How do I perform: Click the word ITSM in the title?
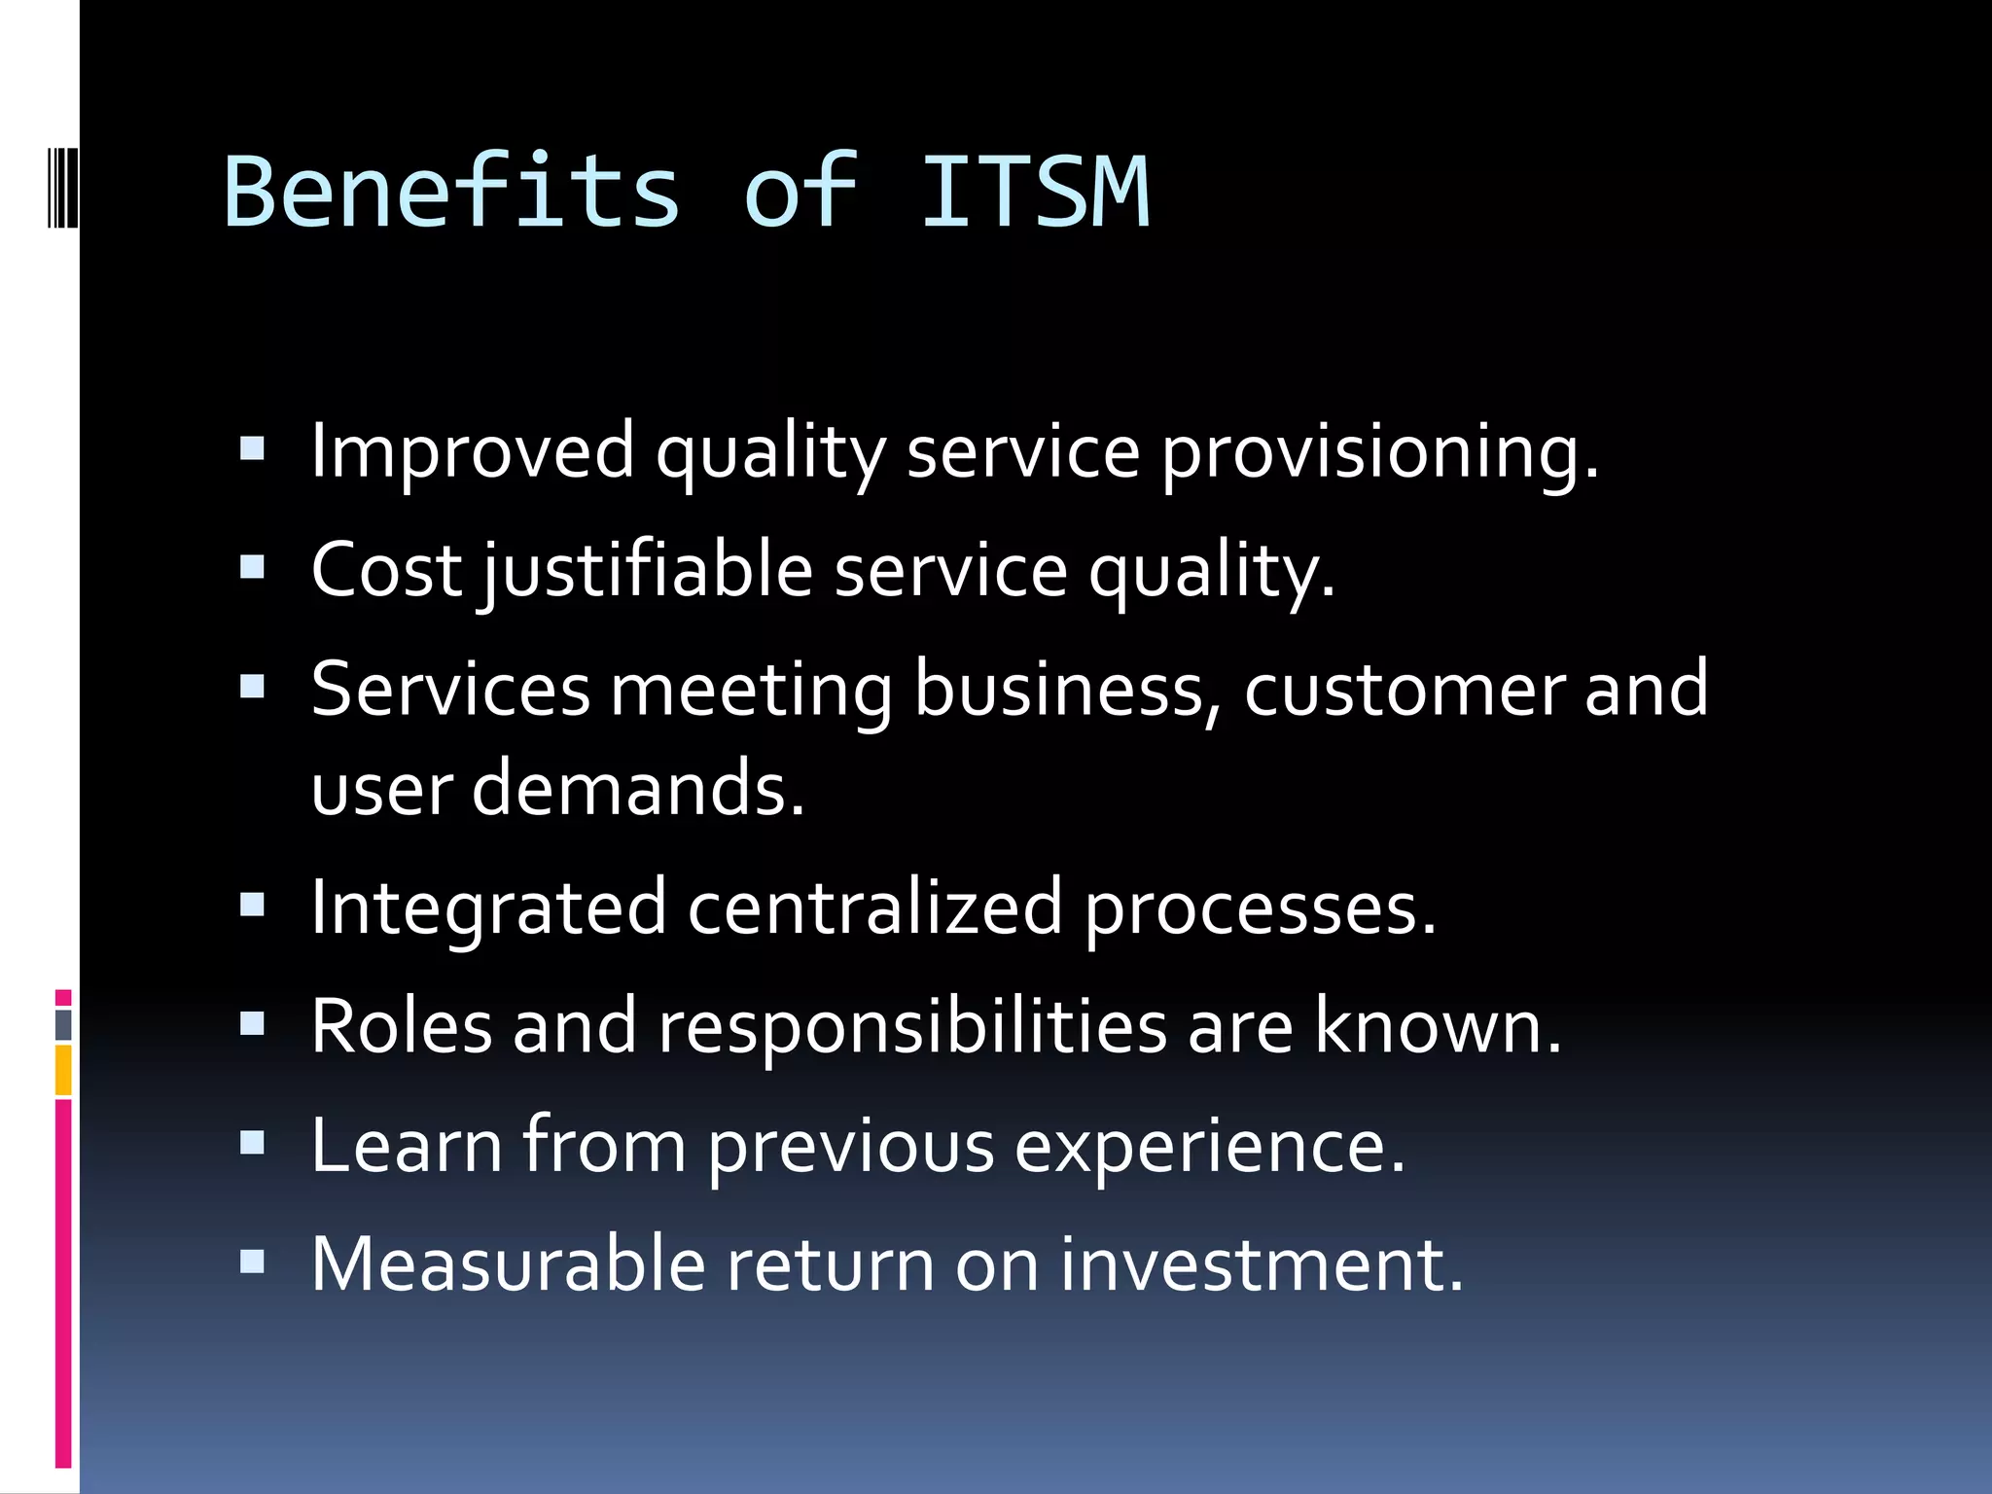1036,193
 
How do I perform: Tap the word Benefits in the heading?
451,193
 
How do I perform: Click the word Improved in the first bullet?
473,452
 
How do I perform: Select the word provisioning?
1380,452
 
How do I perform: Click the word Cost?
386,571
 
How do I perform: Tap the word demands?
638,788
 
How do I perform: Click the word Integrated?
488,907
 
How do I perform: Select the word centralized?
875,907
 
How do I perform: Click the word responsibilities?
912,1026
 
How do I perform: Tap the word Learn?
407,1145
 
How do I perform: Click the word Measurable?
508,1264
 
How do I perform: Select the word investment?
1261,1264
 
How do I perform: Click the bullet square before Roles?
252,1023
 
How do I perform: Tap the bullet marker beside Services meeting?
252,687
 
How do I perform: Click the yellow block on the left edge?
63,1070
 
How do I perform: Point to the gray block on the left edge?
63,1025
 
